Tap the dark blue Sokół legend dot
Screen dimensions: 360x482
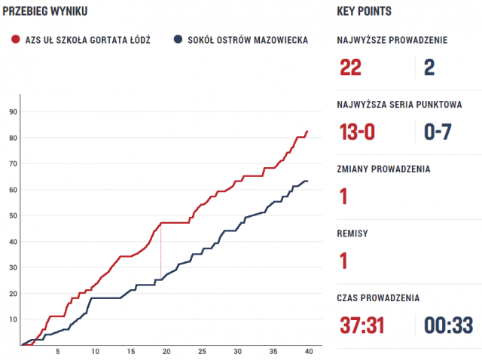click(x=178, y=40)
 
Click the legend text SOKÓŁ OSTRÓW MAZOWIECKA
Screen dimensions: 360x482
click(x=249, y=40)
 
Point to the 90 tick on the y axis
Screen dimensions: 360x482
click(x=13, y=111)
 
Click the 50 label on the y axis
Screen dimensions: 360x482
click(x=13, y=215)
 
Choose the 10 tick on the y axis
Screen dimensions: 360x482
click(x=13, y=319)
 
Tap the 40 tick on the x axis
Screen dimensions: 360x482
click(x=307, y=352)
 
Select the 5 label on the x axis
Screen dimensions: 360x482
click(x=57, y=352)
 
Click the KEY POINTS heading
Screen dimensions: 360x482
click(x=365, y=12)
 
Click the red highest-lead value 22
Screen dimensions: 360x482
click(x=351, y=68)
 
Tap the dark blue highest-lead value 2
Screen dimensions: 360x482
click(x=429, y=68)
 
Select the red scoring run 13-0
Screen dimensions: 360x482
click(x=358, y=133)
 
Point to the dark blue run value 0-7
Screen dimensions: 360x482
click(x=438, y=133)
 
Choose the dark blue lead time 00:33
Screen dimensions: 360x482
click(x=448, y=325)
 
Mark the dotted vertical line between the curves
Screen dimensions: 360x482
click(x=160, y=252)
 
